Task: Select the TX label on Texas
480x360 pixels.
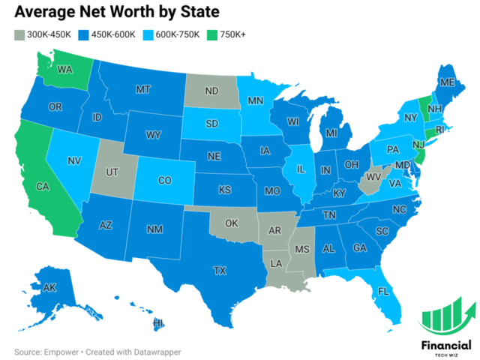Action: point(220,269)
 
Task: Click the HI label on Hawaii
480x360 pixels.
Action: point(159,323)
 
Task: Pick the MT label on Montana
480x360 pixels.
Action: point(144,88)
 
